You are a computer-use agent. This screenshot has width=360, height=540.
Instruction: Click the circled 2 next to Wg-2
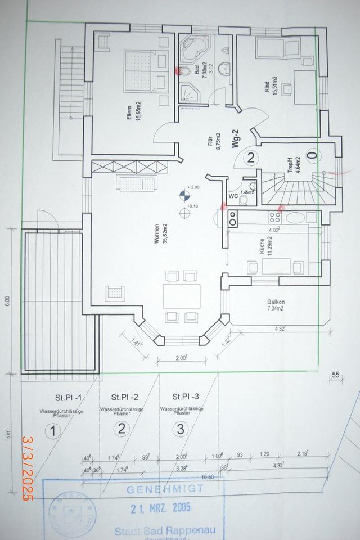pos(251,158)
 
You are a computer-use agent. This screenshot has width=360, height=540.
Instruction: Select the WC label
pos(232,196)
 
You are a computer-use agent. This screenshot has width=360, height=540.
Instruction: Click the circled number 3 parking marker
pos(179,430)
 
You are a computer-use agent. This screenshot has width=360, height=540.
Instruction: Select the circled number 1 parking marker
pos(52,432)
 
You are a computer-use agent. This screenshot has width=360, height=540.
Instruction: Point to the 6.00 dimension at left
pos(7,301)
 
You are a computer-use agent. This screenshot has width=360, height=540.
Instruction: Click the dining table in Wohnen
pos(182,295)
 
